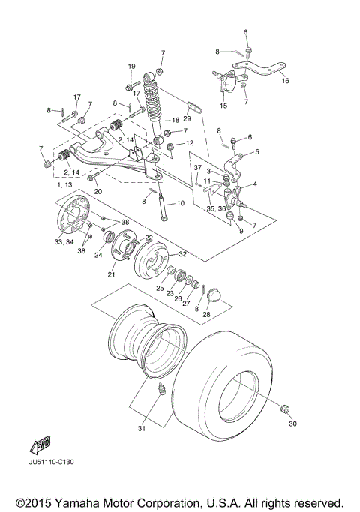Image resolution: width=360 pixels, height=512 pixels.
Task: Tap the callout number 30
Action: point(292,424)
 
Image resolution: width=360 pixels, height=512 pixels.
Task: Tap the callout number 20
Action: point(97,192)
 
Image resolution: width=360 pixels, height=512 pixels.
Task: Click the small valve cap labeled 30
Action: point(284,409)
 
